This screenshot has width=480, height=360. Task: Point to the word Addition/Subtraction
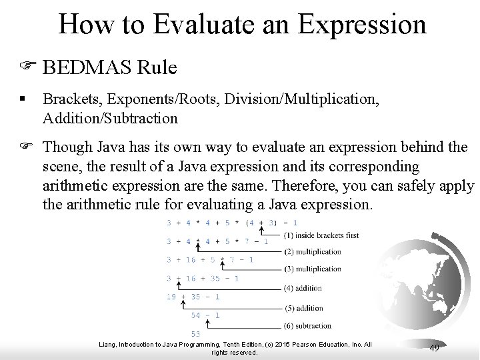pos(110,119)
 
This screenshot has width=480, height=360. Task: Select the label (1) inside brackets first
pos(311,235)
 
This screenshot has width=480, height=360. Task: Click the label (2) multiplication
pos(312,252)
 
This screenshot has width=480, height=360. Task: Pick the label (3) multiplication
pos(312,269)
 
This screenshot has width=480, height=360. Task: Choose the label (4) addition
pos(303,289)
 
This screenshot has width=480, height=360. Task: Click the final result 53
pos(195,333)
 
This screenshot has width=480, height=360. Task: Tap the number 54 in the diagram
pos(196,315)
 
